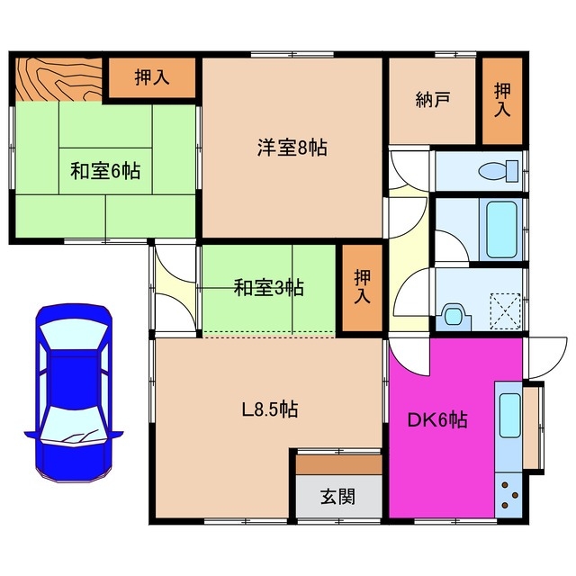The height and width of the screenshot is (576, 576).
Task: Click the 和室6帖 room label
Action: (105, 171)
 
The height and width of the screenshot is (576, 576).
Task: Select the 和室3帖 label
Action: (268, 288)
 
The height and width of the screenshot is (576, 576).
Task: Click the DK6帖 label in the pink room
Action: (438, 419)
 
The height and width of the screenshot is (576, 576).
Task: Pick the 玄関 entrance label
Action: (337, 495)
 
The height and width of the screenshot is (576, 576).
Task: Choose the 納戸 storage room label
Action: (433, 100)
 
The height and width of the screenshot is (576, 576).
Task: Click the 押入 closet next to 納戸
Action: (501, 100)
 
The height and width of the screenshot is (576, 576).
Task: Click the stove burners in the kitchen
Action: (508, 496)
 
